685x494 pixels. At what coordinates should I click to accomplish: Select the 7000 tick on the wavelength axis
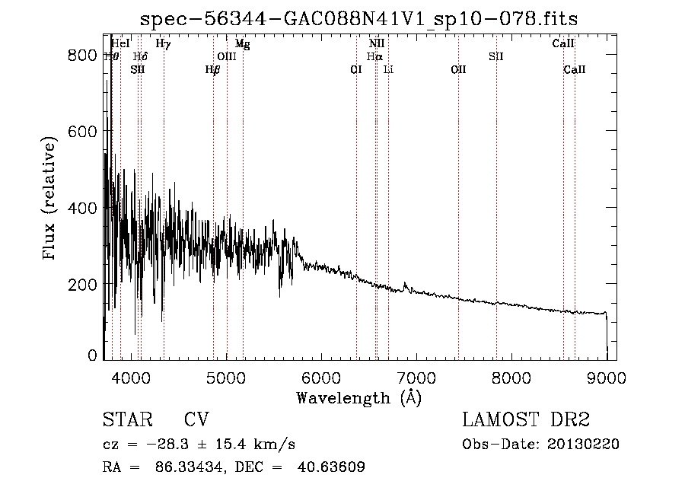416,377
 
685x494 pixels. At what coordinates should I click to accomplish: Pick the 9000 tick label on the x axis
606,377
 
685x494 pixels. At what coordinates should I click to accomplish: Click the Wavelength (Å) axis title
358,397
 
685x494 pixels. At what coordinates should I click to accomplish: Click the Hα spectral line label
374,56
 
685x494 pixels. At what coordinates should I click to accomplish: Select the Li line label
388,69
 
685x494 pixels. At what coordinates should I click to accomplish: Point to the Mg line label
242,44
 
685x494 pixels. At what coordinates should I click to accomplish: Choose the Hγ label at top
163,44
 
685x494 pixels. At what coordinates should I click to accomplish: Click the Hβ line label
212,69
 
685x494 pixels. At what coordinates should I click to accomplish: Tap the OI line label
355,69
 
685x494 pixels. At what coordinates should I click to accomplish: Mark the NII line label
377,44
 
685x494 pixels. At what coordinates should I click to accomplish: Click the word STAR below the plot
123,421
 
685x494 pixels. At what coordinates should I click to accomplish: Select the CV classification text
196,421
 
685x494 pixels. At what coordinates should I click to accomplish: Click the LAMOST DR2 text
526,421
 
